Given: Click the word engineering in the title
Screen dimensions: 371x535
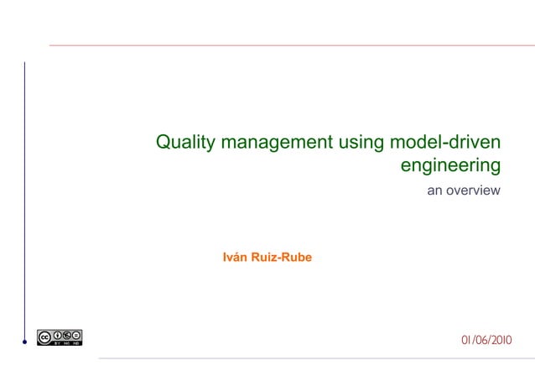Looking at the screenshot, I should point(450,165).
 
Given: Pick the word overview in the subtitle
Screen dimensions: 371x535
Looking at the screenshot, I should point(474,191).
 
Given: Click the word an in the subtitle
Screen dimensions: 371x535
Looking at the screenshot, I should point(435,191).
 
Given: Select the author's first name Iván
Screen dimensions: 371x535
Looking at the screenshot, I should point(235,257).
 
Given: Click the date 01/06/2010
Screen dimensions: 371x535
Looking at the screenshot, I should point(486,340).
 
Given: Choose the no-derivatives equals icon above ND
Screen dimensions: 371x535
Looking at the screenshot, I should point(77,334).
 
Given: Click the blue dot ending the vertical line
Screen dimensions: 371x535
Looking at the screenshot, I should point(25,342).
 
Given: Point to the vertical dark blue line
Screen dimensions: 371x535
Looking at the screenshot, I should point(25,201).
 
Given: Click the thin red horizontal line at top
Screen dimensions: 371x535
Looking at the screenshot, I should point(285,45).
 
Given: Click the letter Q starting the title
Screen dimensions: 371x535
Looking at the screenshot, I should point(164,143).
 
